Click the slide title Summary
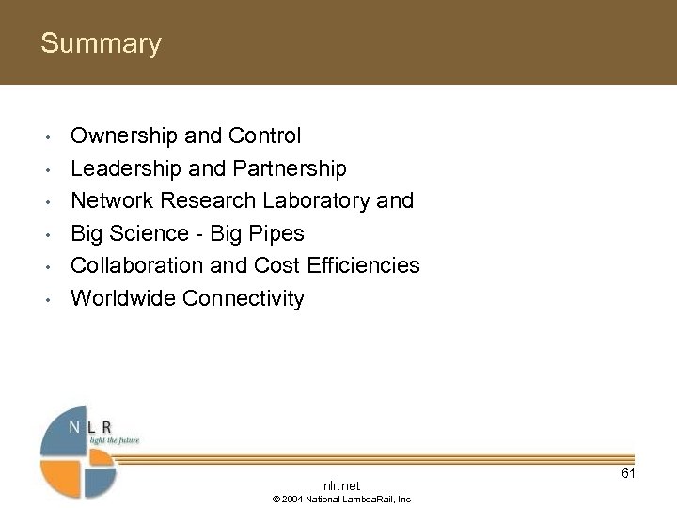101,44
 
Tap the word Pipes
279,233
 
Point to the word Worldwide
123,299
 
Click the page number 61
628,473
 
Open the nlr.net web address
341,485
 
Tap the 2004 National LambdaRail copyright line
341,500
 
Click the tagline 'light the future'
114,440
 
